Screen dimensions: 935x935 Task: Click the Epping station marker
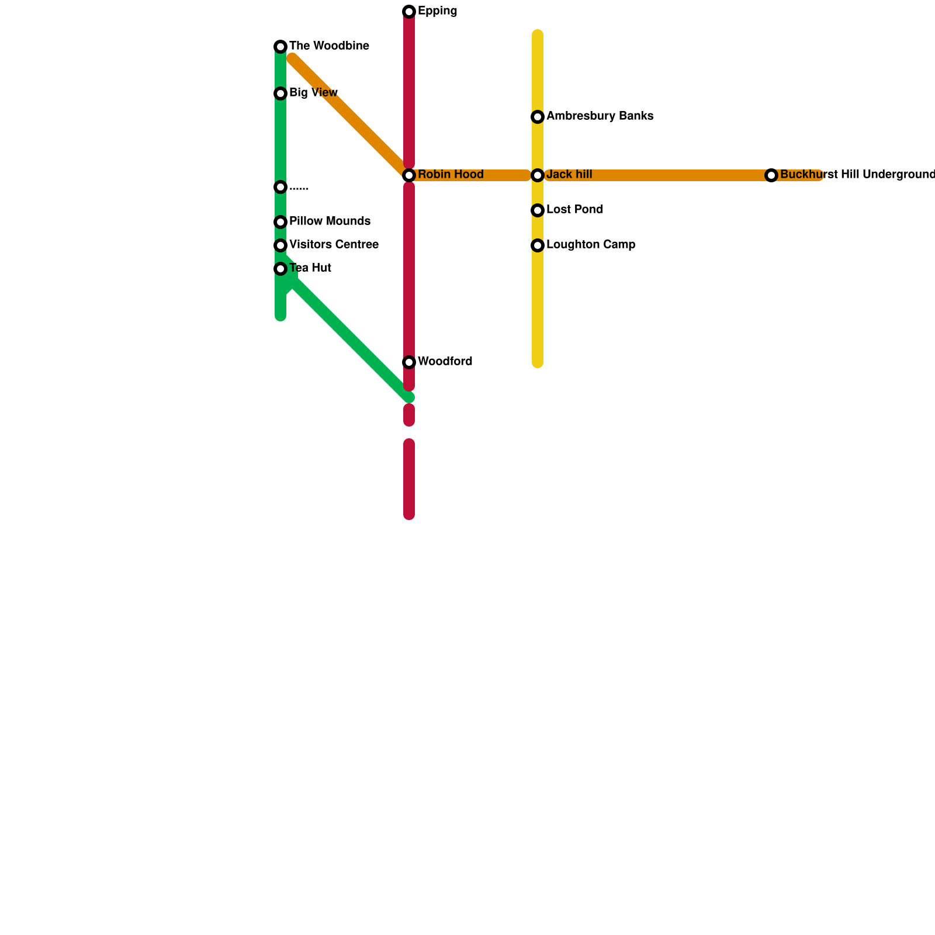click(409, 12)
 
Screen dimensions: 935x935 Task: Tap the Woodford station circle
click(409, 362)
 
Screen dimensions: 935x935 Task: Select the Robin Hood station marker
click(409, 175)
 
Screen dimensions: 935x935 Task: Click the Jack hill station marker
click(538, 175)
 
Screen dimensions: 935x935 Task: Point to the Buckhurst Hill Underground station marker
click(771, 175)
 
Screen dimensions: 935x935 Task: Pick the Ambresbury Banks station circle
click(538, 117)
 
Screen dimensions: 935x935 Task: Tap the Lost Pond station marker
click(538, 210)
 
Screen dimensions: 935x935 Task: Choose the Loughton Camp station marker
click(538, 245)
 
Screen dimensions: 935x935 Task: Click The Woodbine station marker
click(280, 47)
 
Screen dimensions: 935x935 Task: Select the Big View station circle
click(280, 93)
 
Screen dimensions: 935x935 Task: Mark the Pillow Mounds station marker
click(280, 222)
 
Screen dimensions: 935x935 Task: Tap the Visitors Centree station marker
click(280, 245)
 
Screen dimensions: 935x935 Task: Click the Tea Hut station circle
click(280, 269)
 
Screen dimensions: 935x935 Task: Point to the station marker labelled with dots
click(280, 187)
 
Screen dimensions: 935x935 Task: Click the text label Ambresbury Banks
click(600, 116)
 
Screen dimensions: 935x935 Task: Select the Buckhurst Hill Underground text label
click(857, 175)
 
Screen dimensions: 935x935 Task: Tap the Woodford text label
click(445, 362)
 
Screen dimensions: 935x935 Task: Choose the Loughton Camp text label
click(591, 245)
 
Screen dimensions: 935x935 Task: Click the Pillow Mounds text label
click(330, 221)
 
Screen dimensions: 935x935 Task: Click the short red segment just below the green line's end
click(409, 415)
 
